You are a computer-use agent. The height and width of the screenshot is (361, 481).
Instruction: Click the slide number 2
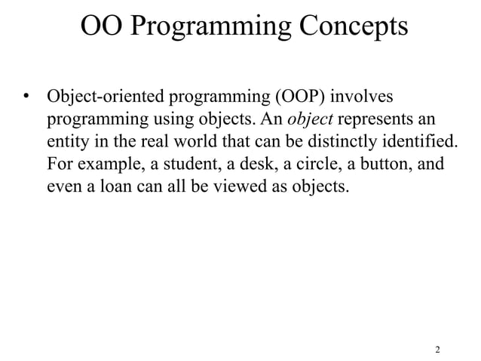coord(437,350)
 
